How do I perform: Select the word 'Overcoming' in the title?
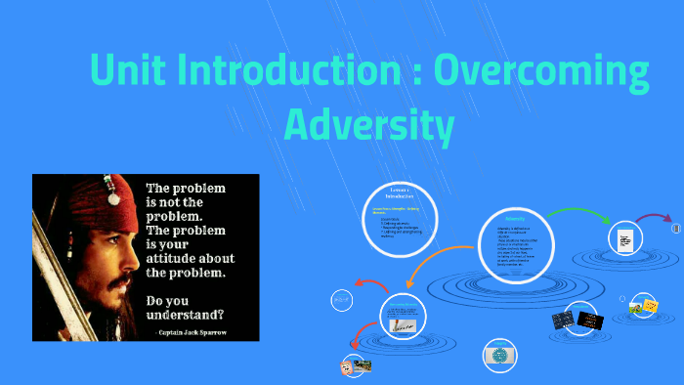(542, 72)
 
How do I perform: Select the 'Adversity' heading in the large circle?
(515, 219)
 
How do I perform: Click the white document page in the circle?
(622, 239)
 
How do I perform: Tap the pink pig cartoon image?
(346, 366)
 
